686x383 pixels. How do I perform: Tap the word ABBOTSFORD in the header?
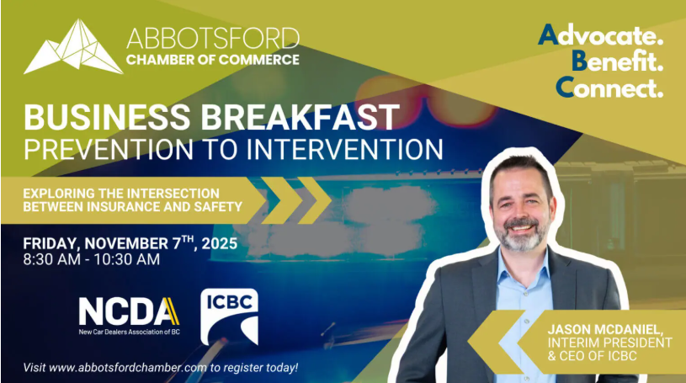(x=212, y=39)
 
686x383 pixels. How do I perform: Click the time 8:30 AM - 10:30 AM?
(x=92, y=259)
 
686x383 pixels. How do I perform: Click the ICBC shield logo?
(x=229, y=317)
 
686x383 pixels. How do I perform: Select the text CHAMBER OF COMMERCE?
(x=212, y=60)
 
